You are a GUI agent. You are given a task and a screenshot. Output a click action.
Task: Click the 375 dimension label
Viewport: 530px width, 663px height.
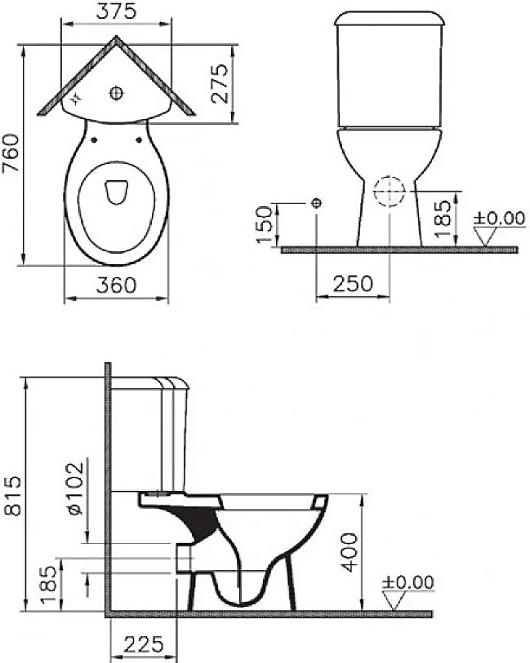point(116,11)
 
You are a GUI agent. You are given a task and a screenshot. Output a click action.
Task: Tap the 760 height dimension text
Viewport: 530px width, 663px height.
point(11,152)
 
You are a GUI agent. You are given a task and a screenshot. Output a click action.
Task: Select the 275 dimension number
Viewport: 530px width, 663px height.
point(220,83)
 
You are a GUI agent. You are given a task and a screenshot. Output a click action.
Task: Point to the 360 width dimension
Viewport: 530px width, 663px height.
point(116,285)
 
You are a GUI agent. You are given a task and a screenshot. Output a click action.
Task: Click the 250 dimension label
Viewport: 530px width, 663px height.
point(353,284)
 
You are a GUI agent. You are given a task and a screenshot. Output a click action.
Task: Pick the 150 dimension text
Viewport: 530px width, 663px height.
point(265,224)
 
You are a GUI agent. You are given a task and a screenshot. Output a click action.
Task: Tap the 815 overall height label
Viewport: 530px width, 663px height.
point(12,496)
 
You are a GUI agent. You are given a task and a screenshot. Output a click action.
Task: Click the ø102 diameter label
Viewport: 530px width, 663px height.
point(75,488)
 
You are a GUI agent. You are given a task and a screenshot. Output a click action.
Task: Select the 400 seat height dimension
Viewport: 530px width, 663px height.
point(350,552)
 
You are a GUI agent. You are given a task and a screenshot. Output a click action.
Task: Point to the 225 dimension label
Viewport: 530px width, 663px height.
point(144,644)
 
